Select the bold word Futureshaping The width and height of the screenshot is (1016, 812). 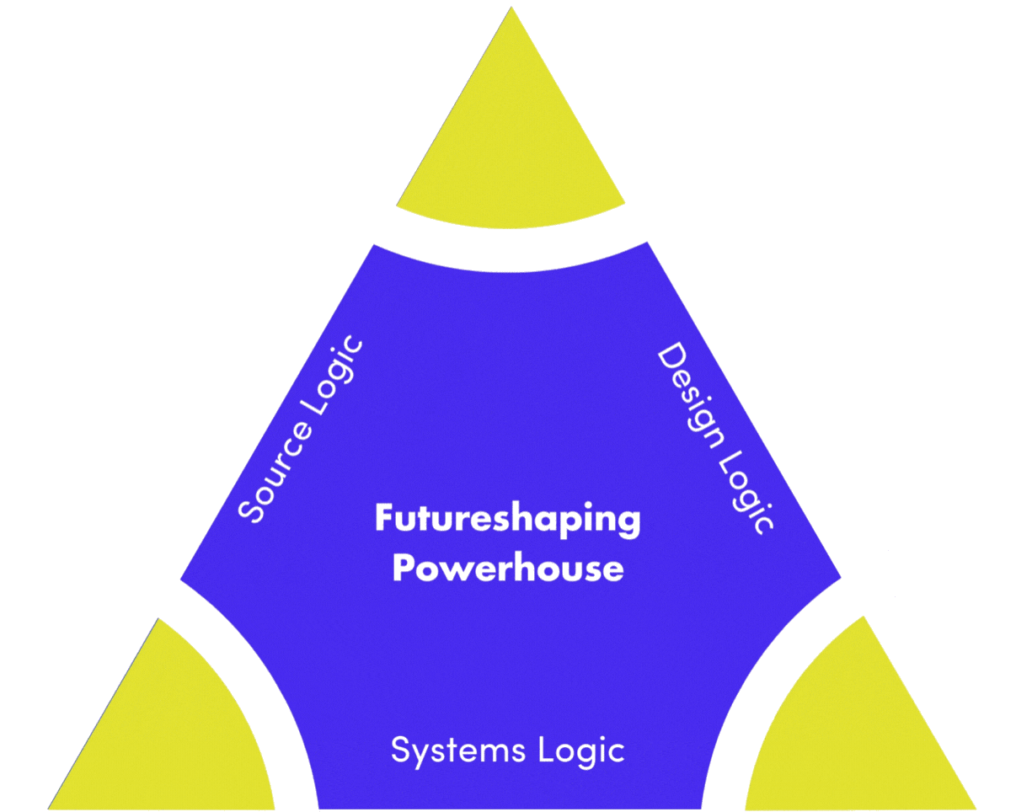click(x=507, y=520)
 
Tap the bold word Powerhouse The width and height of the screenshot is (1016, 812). click(x=508, y=569)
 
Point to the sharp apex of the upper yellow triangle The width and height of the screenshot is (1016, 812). click(x=511, y=10)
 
